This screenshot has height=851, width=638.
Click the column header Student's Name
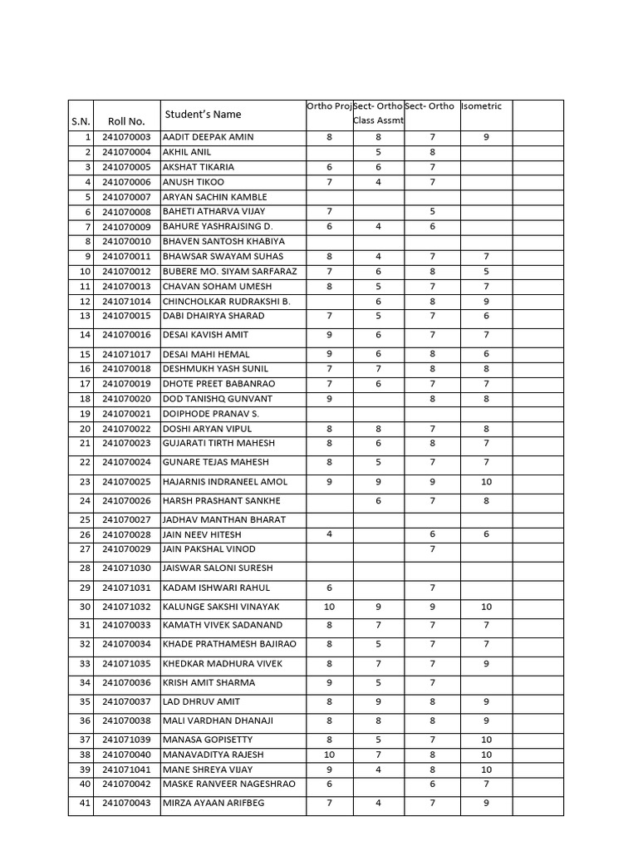tap(203, 114)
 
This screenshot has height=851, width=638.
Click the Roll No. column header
tap(126, 121)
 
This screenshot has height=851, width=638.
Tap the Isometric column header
tap(482, 106)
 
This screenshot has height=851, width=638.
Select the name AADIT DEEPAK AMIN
tap(209, 137)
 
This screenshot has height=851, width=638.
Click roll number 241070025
tap(126, 482)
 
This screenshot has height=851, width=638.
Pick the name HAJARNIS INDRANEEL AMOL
tap(225, 482)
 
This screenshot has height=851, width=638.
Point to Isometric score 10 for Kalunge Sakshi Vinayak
tap(486, 608)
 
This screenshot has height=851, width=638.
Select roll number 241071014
tap(126, 301)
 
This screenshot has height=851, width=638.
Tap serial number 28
tap(85, 568)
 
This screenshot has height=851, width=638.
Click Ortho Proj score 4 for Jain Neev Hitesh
tap(330, 534)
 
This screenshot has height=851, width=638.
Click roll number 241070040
tap(126, 755)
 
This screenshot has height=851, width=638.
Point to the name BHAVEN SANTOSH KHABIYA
tap(223, 242)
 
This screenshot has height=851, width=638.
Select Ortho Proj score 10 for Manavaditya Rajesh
tap(330, 755)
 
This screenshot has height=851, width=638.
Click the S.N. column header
tap(81, 121)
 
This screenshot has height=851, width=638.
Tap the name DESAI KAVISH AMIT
tap(205, 335)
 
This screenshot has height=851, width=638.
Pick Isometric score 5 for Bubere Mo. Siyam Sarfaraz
tap(486, 272)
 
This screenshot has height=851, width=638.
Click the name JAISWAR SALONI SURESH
tap(218, 568)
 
